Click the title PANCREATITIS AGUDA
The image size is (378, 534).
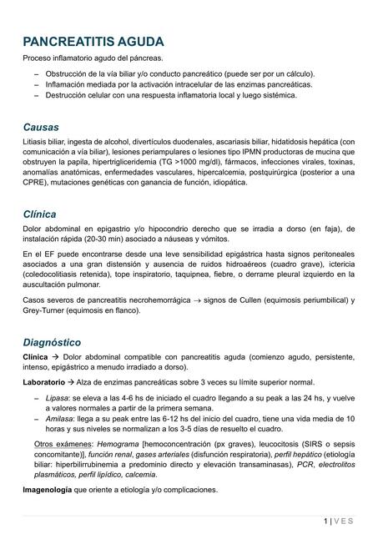[x=93, y=41]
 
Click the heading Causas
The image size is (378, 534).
[x=41, y=127]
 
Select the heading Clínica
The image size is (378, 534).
[x=40, y=214]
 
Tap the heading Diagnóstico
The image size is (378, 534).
[x=52, y=342]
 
